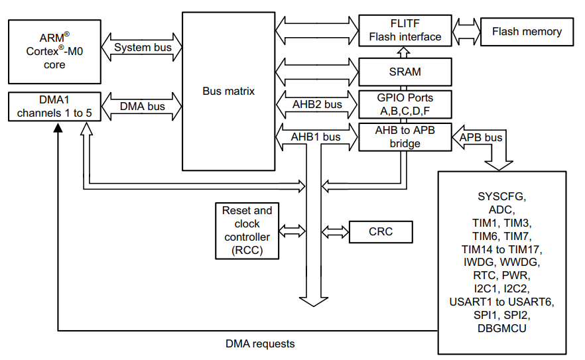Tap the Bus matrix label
[228, 91]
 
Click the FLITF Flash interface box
[405, 30]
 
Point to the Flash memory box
[527, 31]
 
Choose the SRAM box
[405, 71]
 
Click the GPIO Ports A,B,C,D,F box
[405, 104]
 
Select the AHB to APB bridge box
[405, 137]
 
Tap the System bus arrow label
[143, 47]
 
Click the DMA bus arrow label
[143, 105]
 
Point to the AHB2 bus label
[317, 104]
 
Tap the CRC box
[380, 231]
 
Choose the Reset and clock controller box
[247, 231]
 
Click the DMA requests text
[260, 343]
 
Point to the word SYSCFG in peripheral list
[502, 196]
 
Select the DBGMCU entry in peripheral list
[502, 328]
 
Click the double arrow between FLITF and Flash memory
[466, 31]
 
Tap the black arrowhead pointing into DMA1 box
[58, 128]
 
